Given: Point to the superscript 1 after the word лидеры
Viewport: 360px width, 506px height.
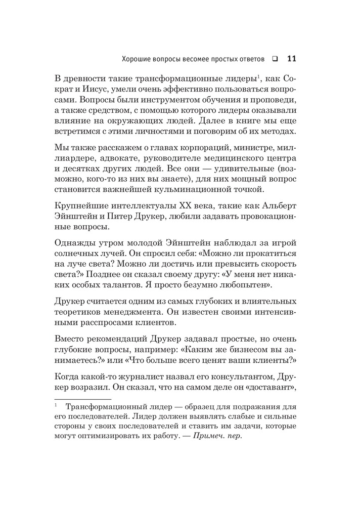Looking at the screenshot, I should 258,76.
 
